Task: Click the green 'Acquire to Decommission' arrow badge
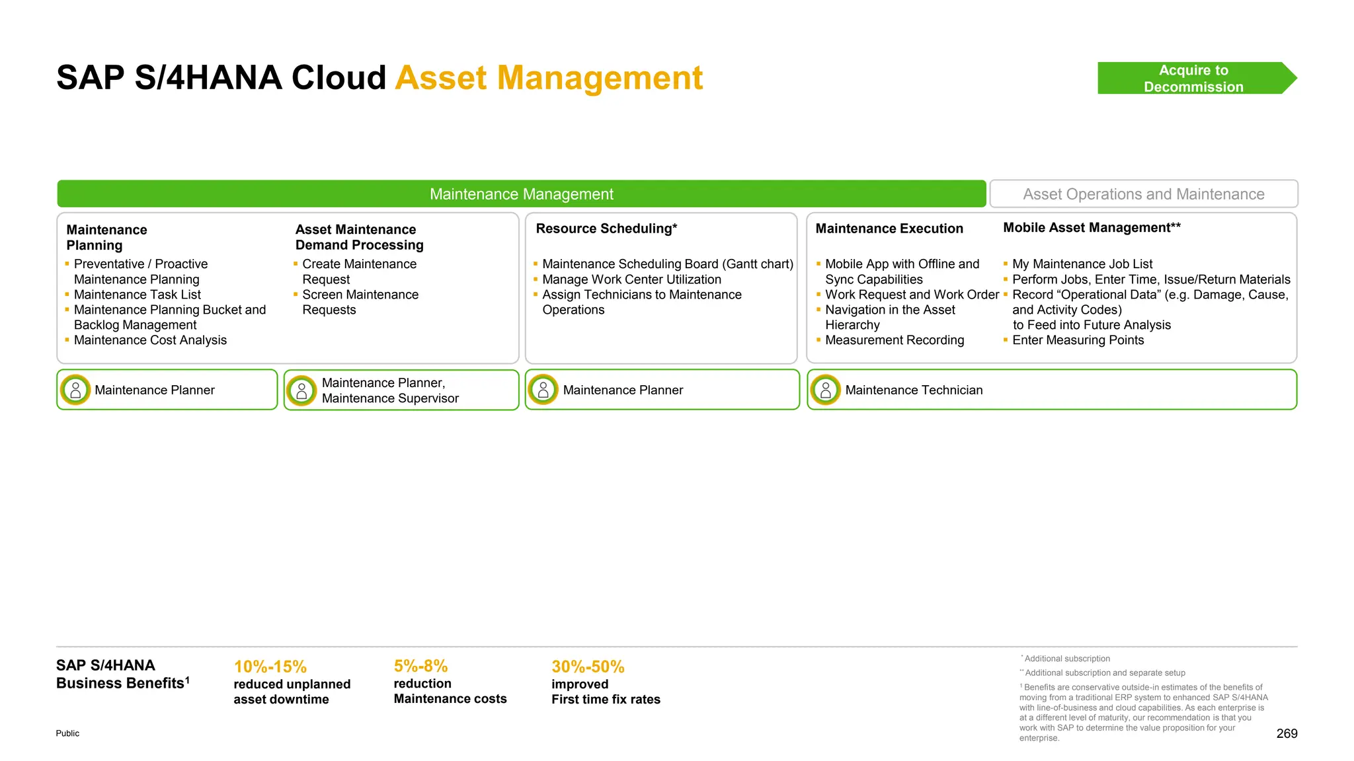(1193, 79)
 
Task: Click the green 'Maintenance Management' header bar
(521, 194)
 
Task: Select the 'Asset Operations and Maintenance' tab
(1143, 194)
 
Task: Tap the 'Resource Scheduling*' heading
(606, 229)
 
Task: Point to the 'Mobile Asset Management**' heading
(1092, 228)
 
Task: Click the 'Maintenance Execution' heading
(889, 229)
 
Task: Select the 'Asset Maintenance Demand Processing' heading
(359, 237)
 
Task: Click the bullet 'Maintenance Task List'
(138, 295)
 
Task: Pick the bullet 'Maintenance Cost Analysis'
(150, 340)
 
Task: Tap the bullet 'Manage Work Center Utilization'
(631, 279)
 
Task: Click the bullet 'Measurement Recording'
(894, 340)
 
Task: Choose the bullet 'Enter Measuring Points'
(1078, 340)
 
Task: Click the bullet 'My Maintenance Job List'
(1082, 264)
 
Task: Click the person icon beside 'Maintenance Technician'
(825, 390)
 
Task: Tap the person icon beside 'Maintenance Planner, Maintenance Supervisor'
(301, 391)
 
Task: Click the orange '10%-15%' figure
(270, 667)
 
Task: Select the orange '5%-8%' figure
(420, 666)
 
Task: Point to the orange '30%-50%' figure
(588, 667)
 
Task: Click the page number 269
(1286, 733)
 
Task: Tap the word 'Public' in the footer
(67, 733)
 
